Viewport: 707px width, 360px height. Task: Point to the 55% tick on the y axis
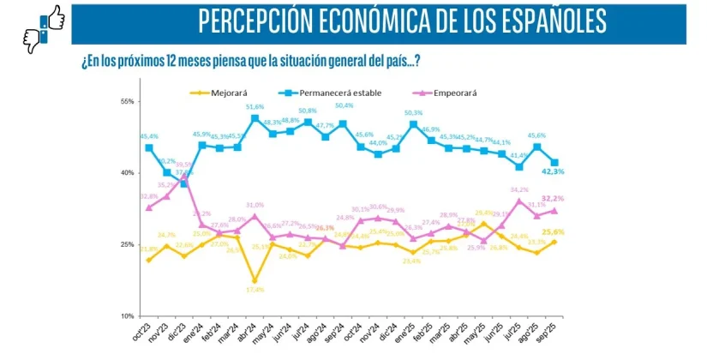point(128,102)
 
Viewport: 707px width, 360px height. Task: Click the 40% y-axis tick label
point(128,173)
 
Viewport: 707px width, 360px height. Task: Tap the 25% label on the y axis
point(128,245)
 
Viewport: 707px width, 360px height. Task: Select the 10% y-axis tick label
point(128,316)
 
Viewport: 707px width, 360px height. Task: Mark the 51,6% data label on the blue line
point(255,107)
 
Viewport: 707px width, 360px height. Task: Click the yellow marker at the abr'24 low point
point(255,280)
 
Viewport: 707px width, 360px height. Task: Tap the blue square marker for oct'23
point(149,147)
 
